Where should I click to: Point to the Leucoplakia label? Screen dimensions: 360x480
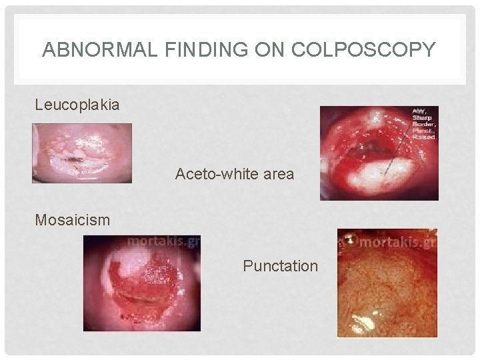pyautogui.click(x=77, y=105)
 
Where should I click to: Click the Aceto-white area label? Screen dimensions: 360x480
pyautogui.click(x=234, y=175)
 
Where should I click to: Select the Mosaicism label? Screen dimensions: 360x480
pyautogui.click(x=73, y=219)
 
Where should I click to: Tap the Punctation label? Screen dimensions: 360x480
pyautogui.click(x=280, y=266)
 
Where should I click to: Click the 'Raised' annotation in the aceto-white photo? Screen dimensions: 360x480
pyautogui.click(x=423, y=136)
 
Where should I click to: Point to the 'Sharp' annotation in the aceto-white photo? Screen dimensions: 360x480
pyautogui.click(x=421, y=117)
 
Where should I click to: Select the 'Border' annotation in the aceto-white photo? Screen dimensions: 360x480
pyautogui.click(x=423, y=124)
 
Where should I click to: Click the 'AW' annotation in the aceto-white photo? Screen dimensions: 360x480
pyautogui.click(x=418, y=111)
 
